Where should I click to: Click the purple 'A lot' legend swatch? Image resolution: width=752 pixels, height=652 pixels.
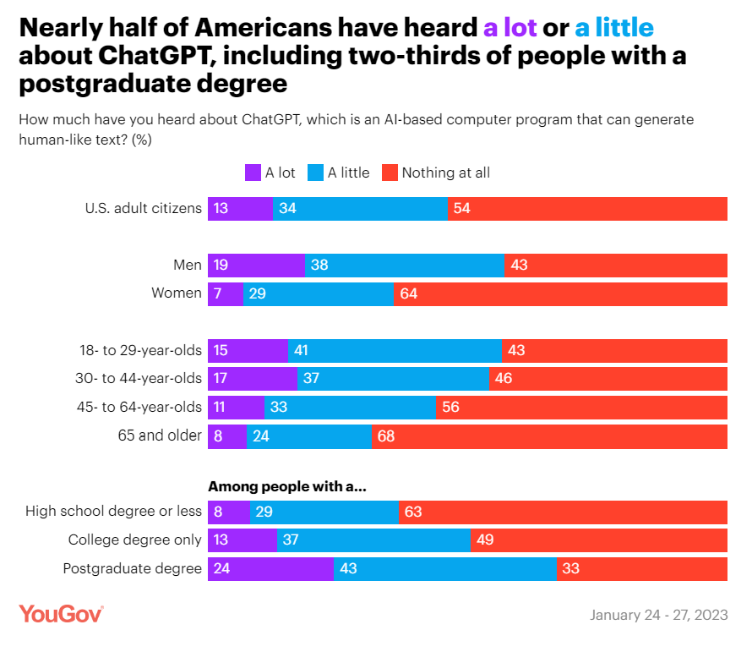click(x=253, y=173)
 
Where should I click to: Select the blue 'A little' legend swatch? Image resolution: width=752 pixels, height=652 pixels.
click(x=315, y=173)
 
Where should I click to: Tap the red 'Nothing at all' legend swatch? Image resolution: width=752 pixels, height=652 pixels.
click(x=390, y=173)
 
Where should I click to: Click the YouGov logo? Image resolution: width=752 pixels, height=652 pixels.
click(x=61, y=614)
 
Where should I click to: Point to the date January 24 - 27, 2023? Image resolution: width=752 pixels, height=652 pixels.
click(x=658, y=615)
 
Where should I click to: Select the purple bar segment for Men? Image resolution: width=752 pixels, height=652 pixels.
click(x=256, y=265)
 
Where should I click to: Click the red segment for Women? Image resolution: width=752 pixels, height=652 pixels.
click(x=559, y=293)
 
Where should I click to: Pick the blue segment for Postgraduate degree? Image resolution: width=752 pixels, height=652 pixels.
click(x=445, y=568)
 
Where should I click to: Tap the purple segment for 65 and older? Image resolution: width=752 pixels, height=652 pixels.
click(x=226, y=436)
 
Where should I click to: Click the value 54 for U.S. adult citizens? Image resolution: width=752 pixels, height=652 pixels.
click(x=461, y=208)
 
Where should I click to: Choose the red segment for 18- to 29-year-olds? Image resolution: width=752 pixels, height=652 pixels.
click(x=614, y=350)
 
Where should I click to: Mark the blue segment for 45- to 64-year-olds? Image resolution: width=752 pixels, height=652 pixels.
click(x=350, y=407)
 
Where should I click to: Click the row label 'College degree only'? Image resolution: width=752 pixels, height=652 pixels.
click(x=134, y=540)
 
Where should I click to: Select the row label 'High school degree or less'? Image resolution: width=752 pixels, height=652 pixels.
click(x=113, y=511)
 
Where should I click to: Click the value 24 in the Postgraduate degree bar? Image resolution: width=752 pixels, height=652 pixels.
click(x=222, y=568)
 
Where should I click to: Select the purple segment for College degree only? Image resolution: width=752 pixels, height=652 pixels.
click(x=242, y=540)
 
